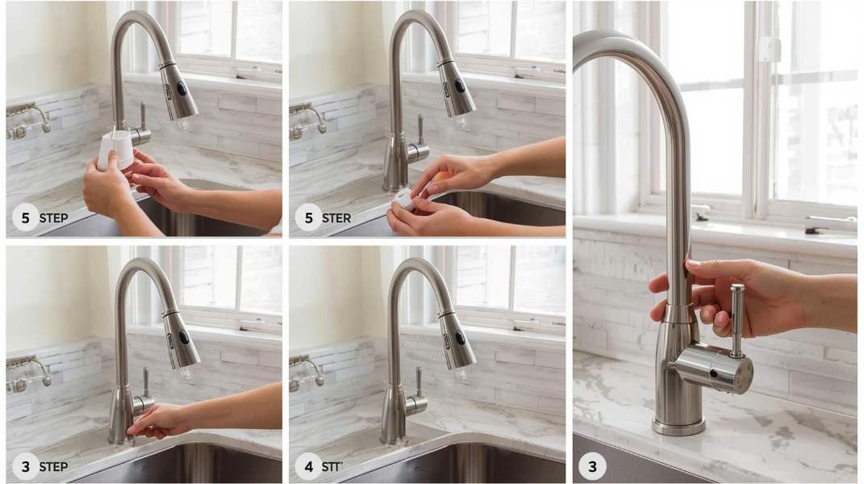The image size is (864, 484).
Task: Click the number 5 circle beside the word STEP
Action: pos(25,217)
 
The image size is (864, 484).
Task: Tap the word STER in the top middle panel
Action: pos(336,218)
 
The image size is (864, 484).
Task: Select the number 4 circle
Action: pos(308,466)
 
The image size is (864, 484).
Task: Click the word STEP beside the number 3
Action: pos(53,466)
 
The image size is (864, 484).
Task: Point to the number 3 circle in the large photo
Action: pos(592,466)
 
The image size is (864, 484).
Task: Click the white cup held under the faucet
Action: pos(115,149)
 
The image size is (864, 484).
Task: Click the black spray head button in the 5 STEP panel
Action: pos(180,88)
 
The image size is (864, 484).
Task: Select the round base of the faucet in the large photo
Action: pos(678,426)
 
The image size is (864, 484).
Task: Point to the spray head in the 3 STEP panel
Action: pos(181,340)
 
